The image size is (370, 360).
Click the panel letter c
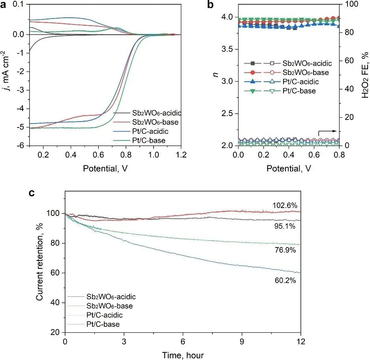[34, 193]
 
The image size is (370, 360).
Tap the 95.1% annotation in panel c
[285, 226]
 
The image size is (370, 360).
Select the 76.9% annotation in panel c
[285, 250]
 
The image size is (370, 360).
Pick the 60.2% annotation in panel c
[285, 281]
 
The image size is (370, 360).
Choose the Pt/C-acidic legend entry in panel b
[299, 81]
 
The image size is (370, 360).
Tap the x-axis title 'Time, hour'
[183, 355]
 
